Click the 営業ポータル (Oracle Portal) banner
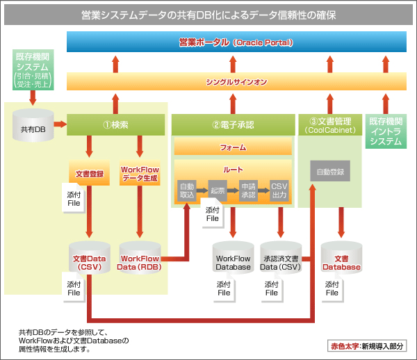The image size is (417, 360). click(x=236, y=42)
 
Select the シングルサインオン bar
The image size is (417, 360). click(x=236, y=81)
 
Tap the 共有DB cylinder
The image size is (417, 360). click(x=33, y=125)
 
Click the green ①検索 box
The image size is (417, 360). click(x=115, y=124)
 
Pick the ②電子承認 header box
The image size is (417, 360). click(x=234, y=124)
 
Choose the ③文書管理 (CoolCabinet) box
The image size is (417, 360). click(x=330, y=124)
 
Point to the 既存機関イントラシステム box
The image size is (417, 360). click(x=386, y=131)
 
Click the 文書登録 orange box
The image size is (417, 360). click(x=90, y=172)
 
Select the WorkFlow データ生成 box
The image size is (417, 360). click(x=140, y=172)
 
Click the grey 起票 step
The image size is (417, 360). click(x=218, y=190)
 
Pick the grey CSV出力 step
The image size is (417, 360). click(x=279, y=190)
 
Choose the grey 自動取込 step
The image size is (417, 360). click(x=187, y=190)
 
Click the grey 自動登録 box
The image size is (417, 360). click(x=330, y=171)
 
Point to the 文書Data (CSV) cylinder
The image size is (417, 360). click(x=90, y=257)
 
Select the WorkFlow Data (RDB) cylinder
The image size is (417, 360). click(x=140, y=257)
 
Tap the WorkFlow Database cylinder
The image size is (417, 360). click(x=234, y=257)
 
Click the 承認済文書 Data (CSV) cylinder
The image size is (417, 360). click(x=281, y=257)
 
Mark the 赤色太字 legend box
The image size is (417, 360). click(x=367, y=346)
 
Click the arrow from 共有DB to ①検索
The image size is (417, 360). click(x=60, y=124)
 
